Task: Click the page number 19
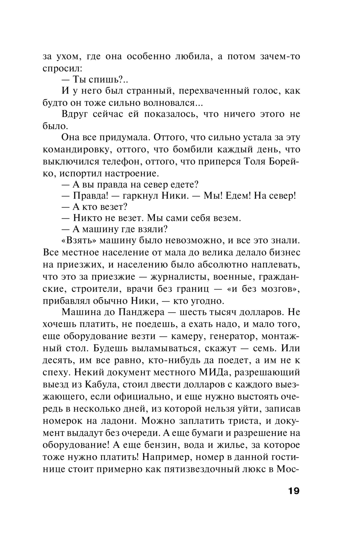point(293,491)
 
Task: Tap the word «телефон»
point(131,161)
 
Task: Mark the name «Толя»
point(253,161)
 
